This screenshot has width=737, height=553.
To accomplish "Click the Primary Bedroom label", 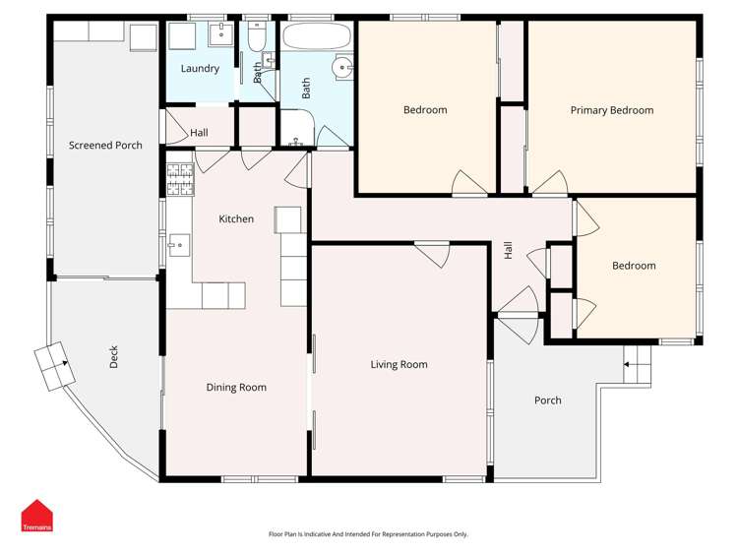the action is tap(611, 110).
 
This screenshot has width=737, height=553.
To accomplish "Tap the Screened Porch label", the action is tap(105, 146).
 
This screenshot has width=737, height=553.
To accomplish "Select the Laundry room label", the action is tap(200, 69).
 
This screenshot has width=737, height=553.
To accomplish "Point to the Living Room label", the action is tap(399, 365).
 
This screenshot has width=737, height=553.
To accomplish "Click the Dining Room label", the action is tap(236, 388).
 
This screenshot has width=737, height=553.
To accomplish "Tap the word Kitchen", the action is tap(236, 219).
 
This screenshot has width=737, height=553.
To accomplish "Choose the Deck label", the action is tap(114, 357).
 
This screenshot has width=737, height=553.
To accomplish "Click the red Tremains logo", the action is tap(37, 516).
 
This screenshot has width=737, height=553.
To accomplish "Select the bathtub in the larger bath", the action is tap(317, 35).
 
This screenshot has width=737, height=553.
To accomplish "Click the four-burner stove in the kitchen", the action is tap(180, 179).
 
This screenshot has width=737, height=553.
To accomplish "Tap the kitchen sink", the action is tap(179, 245).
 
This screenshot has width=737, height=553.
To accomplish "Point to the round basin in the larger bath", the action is tap(341, 67).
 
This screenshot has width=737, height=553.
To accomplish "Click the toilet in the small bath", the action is tap(257, 37).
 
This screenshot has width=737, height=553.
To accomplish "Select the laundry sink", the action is tap(221, 33).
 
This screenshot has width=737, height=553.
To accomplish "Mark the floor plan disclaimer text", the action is tap(368, 534).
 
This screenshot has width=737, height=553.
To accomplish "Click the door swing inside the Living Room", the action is tap(435, 255).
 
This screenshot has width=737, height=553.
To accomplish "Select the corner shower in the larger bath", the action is tap(297, 128).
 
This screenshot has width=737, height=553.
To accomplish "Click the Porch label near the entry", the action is tap(548, 400).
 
